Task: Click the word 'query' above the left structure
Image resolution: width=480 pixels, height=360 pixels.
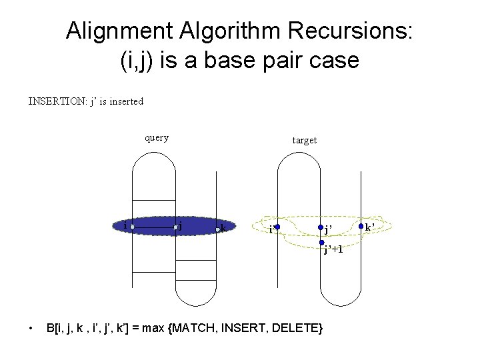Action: [x=157, y=138]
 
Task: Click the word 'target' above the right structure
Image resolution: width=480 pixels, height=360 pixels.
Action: [x=305, y=140]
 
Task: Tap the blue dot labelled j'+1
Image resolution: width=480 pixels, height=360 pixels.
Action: [x=321, y=243]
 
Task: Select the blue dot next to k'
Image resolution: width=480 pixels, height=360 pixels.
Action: [x=361, y=227]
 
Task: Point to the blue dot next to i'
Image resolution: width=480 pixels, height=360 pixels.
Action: [x=277, y=227]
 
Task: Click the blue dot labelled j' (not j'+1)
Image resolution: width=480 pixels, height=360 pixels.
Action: [x=321, y=227]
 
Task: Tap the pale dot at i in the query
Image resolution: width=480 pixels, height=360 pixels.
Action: [x=133, y=227]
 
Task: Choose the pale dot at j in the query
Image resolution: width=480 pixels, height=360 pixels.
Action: [x=176, y=227]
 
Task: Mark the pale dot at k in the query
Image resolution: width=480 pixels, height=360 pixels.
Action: [x=218, y=229]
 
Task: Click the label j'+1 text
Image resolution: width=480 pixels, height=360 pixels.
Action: [x=333, y=250]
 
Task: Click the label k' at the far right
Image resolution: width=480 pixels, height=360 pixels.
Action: [x=370, y=227]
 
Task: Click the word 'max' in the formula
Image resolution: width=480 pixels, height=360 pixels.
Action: [x=156, y=328]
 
